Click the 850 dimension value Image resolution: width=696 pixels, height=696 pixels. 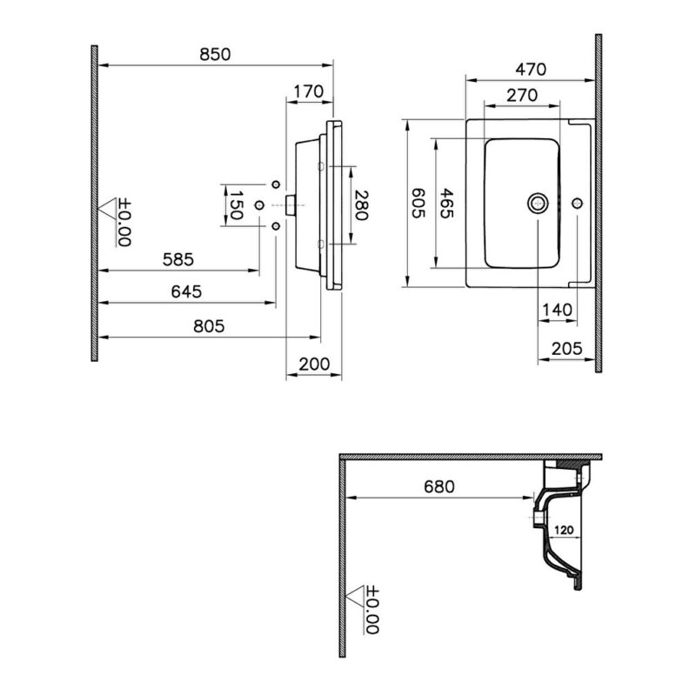(x=215, y=55)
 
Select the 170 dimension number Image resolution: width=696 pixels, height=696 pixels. (x=309, y=92)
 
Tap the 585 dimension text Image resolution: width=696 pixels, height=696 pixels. (x=178, y=259)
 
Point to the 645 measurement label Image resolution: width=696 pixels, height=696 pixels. (x=186, y=291)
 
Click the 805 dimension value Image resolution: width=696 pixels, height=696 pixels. (x=209, y=327)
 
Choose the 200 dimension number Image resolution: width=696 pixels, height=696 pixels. (x=314, y=365)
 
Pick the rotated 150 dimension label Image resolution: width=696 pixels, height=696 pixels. (x=236, y=205)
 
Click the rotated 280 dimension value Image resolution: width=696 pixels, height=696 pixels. (x=362, y=205)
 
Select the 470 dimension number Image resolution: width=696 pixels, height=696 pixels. (x=531, y=70)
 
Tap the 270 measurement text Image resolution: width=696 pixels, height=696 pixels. (x=522, y=96)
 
